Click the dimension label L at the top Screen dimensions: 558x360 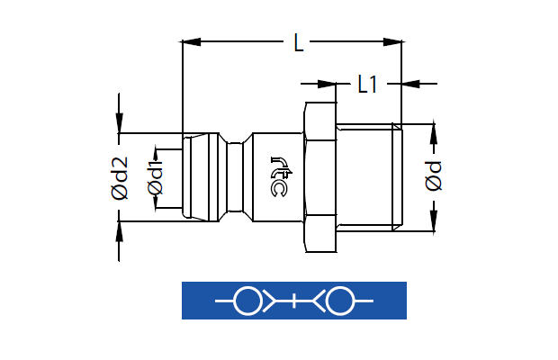point(299,42)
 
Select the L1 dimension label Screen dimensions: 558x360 point(367,85)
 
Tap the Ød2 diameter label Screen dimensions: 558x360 point(119,178)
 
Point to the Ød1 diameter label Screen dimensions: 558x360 point(155,178)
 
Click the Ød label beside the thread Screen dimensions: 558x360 point(433,176)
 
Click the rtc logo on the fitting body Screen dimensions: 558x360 point(281,176)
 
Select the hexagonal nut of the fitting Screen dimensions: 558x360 point(320,177)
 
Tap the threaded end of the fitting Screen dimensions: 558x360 point(369,177)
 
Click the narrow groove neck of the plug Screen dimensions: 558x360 point(235,177)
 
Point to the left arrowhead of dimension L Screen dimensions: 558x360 point(192,42)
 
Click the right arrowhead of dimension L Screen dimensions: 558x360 point(392,42)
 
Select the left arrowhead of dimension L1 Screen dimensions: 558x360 point(327,84)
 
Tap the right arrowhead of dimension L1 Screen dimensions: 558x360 point(411,84)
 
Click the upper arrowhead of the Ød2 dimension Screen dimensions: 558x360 point(119,123)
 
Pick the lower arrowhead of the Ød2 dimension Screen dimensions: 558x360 point(119,231)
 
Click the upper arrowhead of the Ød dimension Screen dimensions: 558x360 point(434,134)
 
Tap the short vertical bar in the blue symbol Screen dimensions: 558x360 point(294,301)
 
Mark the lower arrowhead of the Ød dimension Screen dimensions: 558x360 point(434,221)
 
